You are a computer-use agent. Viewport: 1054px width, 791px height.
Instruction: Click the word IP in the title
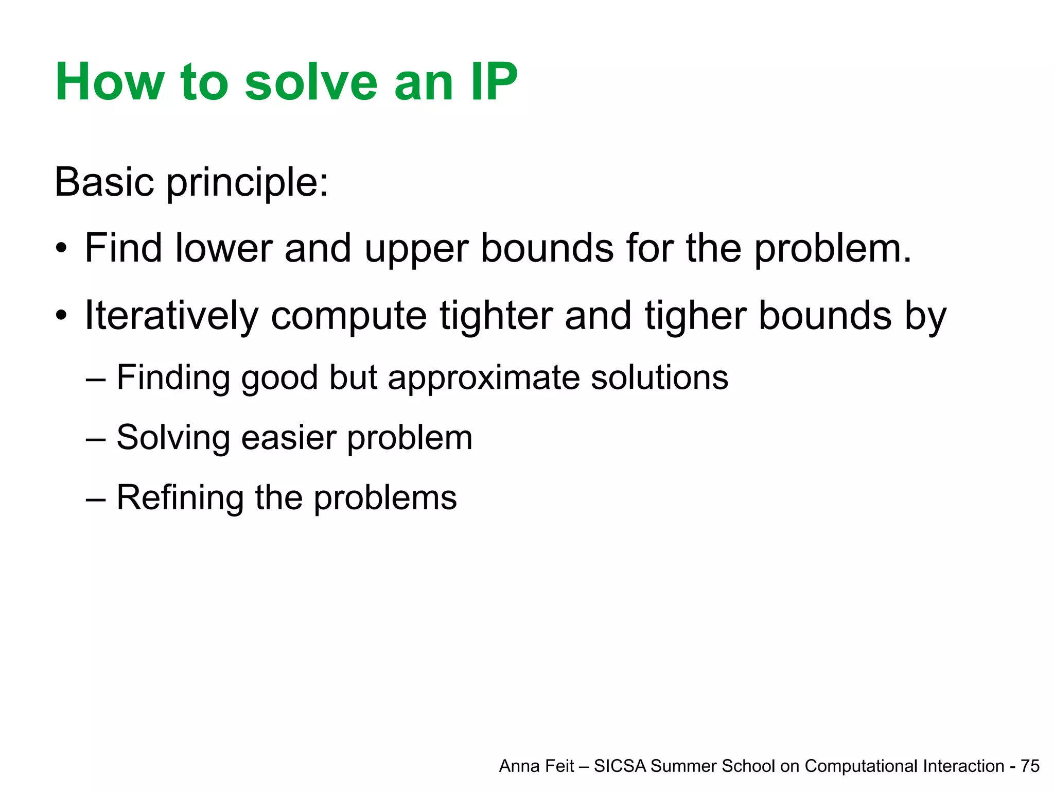493,82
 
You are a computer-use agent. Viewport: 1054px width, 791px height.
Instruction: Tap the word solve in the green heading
311,82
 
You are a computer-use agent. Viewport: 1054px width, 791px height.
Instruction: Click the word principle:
248,184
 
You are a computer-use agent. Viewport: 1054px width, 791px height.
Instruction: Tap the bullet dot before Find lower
62,249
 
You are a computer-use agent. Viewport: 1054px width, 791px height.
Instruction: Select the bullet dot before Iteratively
62,316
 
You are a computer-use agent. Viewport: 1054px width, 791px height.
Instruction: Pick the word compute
348,316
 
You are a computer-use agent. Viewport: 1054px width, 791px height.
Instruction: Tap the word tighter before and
496,316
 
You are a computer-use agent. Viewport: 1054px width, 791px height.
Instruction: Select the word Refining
180,498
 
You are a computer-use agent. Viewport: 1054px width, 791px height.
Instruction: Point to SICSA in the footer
620,766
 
